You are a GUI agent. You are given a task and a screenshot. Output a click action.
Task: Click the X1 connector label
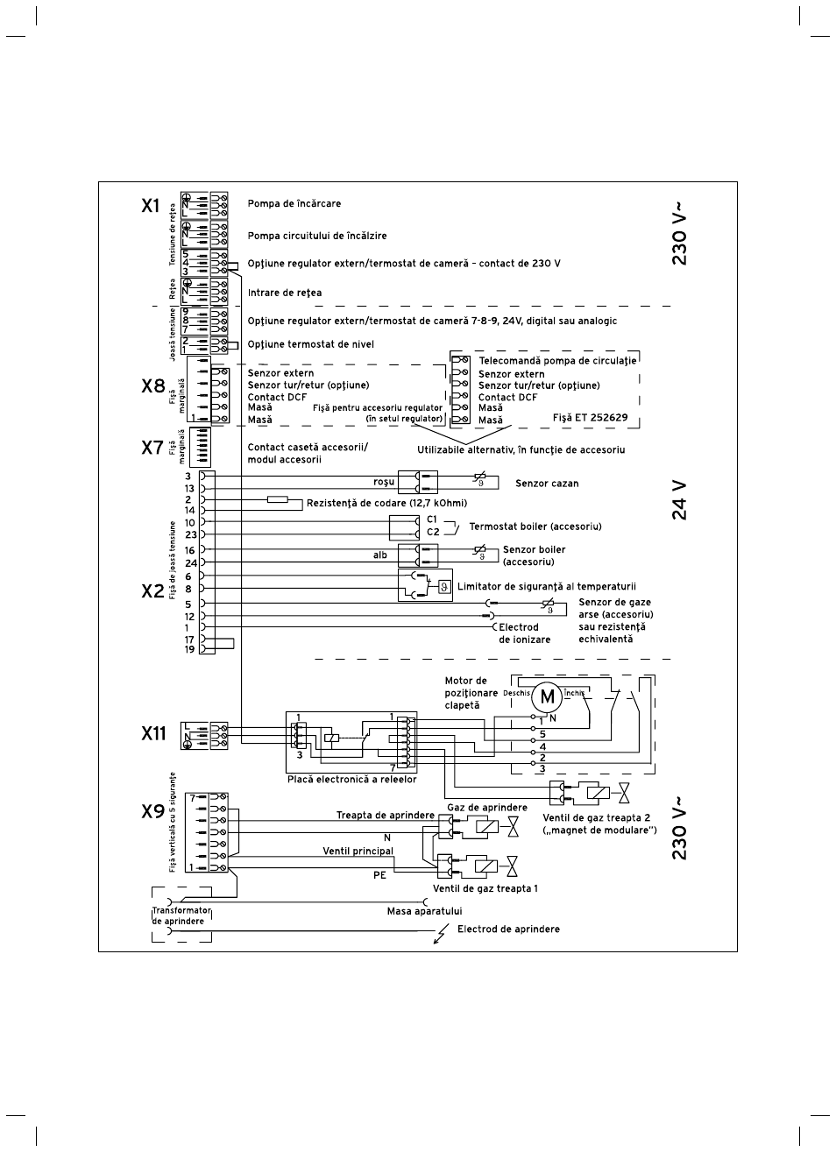[150, 206]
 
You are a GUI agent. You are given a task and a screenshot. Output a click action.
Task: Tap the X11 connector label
[153, 733]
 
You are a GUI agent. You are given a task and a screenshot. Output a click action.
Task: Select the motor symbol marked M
[547, 696]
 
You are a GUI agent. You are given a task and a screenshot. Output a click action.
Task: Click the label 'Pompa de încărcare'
[294, 203]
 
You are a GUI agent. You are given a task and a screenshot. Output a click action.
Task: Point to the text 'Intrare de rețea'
[285, 293]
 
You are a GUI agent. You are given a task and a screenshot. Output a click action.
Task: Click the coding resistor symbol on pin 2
[277, 499]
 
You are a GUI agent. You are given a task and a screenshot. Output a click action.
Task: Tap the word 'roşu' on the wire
[384, 482]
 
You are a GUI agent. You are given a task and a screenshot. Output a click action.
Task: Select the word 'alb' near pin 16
[380, 555]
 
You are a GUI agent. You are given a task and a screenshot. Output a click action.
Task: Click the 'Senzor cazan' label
[547, 484]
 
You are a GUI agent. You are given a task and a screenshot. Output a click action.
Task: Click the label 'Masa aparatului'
[424, 911]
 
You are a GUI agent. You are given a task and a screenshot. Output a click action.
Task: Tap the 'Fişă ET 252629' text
[590, 418]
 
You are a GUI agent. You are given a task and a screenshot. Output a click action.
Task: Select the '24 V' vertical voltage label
[680, 500]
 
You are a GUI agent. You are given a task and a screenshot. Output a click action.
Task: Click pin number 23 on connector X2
[191, 535]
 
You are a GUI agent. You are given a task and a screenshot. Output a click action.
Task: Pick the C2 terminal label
[433, 533]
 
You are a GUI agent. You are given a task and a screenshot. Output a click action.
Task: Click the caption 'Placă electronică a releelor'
[352, 780]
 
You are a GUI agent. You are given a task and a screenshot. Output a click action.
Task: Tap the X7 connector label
[152, 448]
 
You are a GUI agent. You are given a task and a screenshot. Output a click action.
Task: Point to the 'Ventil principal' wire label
[358, 852]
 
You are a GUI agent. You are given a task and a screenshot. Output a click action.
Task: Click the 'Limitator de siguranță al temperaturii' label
[546, 586]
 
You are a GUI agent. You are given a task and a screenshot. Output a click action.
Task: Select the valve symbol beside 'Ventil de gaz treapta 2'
[625, 793]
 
